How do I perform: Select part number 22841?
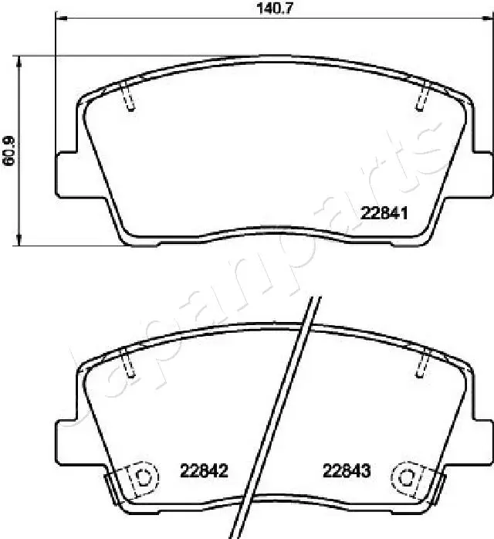coord(384,214)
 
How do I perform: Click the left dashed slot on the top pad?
coord(128,98)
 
